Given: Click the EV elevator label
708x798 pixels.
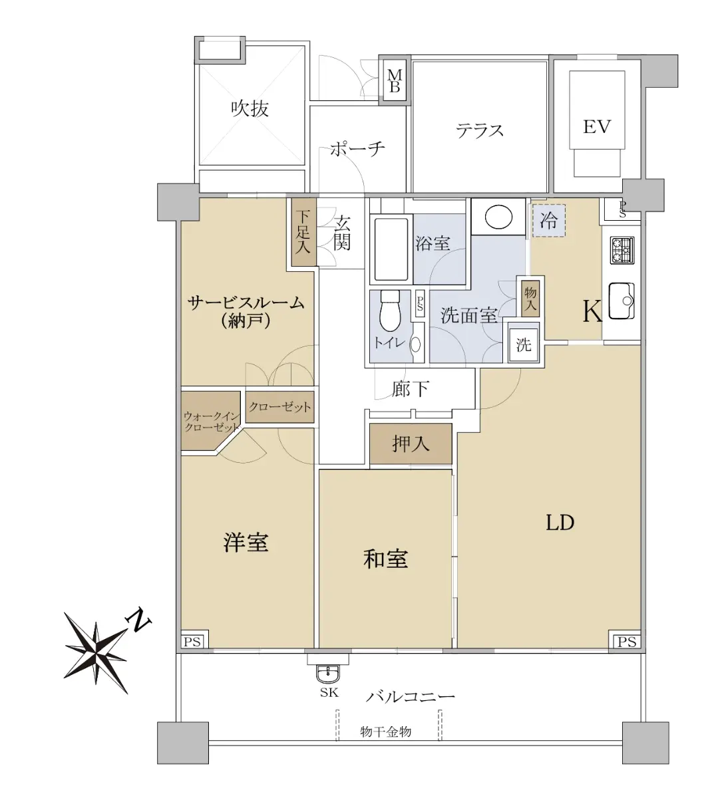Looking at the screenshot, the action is click(596, 127).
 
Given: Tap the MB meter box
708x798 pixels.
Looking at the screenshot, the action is click(395, 80).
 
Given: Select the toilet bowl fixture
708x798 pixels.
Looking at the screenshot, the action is click(390, 311).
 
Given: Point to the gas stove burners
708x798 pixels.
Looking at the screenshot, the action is click(622, 250).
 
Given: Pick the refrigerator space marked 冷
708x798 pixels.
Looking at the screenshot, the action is click(549, 220).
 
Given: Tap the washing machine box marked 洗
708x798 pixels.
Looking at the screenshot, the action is click(524, 342).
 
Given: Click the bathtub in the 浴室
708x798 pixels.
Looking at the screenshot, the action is click(391, 249).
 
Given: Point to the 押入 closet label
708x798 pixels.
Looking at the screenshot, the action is click(411, 444).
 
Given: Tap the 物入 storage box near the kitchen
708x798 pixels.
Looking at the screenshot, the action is click(530, 298).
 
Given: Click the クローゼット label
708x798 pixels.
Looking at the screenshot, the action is click(279, 407).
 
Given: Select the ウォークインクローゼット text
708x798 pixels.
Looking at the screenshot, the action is click(212, 421).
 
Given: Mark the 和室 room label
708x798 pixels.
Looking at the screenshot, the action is click(385, 559).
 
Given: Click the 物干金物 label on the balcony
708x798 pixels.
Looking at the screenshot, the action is click(385, 731).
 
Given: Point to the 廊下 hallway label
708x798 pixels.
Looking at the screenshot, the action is click(411, 389).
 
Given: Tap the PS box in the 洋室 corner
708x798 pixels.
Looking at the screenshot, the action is click(192, 642).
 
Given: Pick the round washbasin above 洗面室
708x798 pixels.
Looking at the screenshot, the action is click(498, 217).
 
